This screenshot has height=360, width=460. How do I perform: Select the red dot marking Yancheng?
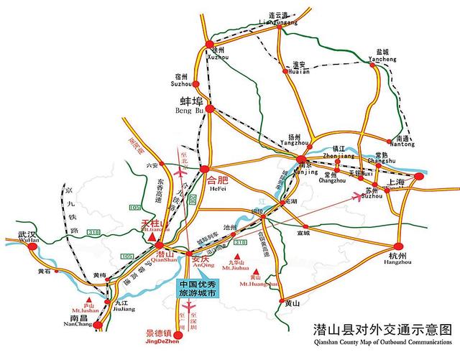[372, 65]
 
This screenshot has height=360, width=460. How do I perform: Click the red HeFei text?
[216, 180]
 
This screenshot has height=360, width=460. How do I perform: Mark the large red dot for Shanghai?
[420, 175]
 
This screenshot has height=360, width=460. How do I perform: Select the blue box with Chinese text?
[201, 288]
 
